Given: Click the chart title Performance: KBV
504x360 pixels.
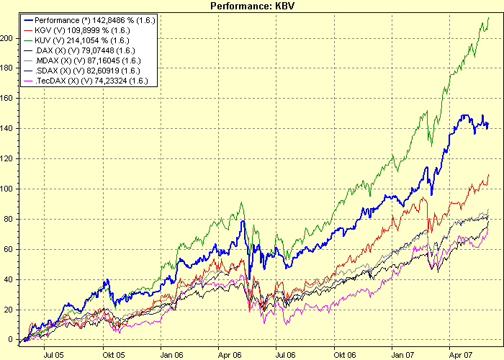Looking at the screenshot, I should [x=252, y=6].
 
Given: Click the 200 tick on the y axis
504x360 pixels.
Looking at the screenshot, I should [x=8, y=38].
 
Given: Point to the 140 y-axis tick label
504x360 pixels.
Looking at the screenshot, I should [x=8, y=128].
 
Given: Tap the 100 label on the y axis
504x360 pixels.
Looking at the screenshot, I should [x=8, y=189].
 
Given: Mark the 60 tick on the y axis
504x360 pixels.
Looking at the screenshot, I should [x=10, y=249].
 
